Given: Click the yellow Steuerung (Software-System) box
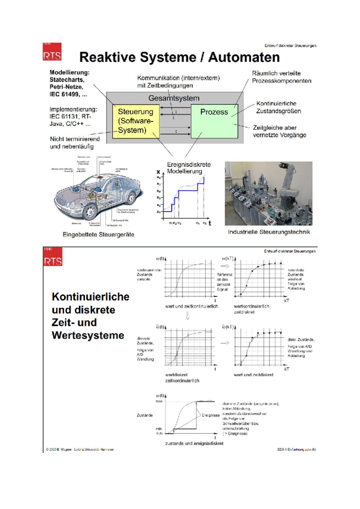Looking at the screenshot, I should click(136, 121).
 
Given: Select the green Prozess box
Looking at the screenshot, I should click(214, 121).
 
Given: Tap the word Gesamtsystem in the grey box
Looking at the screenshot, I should click(174, 98).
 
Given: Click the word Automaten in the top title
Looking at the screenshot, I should click(244, 57).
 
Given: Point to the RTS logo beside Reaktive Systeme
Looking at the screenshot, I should click(52, 52).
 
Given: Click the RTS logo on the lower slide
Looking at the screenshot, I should click(53, 257).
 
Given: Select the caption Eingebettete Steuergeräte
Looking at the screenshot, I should click(98, 234).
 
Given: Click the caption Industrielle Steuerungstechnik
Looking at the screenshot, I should click(269, 232).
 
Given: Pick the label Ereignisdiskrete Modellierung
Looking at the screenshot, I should click(189, 168).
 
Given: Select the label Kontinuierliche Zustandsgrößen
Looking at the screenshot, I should click(278, 107).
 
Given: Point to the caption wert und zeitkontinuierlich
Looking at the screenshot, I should click(191, 306).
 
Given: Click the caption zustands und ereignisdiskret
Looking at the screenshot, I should click(194, 443).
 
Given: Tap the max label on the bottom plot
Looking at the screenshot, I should click(159, 401).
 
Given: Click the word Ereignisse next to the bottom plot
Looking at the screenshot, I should click(211, 415).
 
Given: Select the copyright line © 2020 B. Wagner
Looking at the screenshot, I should click(80, 449).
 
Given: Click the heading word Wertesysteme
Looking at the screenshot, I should click(88, 335).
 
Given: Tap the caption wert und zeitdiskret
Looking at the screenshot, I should click(253, 375).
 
